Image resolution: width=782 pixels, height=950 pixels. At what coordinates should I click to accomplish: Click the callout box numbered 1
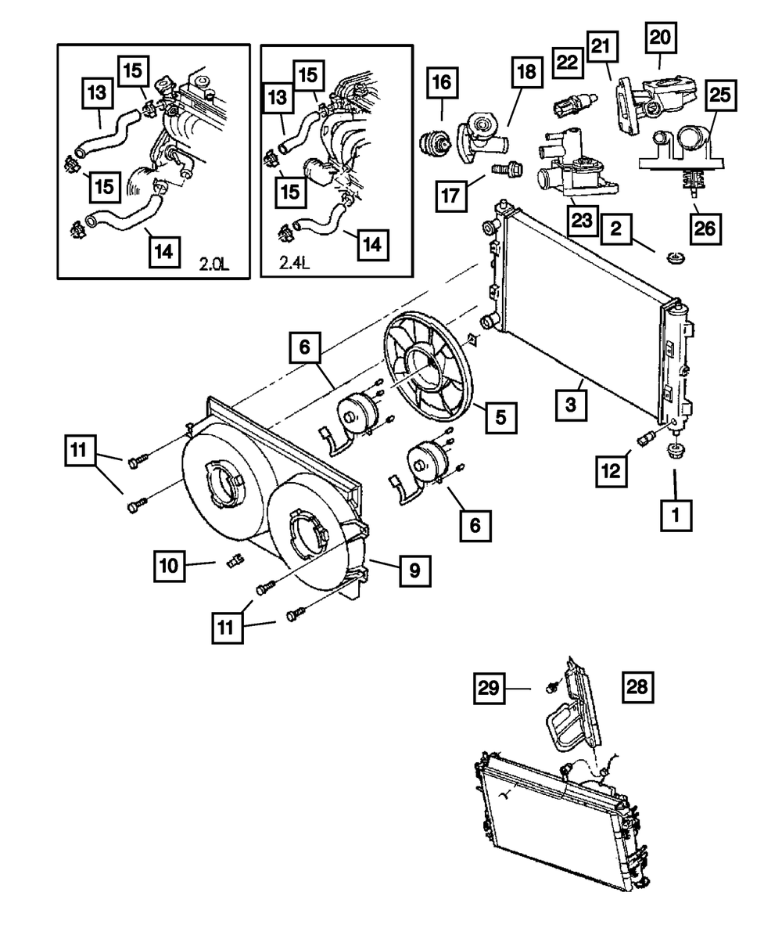(x=676, y=516)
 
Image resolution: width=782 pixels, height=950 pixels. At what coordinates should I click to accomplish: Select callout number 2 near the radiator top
(x=617, y=229)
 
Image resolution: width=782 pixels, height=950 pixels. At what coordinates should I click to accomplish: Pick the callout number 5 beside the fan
(x=500, y=416)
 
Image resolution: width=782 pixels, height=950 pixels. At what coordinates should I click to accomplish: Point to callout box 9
(x=414, y=570)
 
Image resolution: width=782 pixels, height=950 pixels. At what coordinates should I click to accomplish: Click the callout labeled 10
(x=169, y=565)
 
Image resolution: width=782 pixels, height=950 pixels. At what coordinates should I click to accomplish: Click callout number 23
(x=581, y=220)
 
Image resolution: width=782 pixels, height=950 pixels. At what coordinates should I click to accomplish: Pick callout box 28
(x=637, y=687)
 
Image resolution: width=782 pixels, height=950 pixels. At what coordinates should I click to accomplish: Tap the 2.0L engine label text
(x=214, y=265)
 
